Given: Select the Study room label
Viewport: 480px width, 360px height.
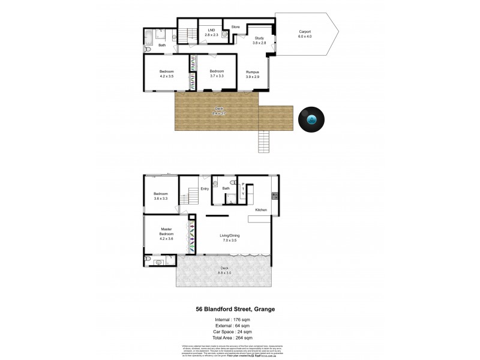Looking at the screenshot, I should pos(259,40).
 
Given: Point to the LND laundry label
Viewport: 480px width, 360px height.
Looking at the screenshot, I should pos(211,32).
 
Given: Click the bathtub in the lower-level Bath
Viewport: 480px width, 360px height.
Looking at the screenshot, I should pos(149,41).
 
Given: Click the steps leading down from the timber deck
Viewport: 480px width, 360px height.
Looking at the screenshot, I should pos(265,142).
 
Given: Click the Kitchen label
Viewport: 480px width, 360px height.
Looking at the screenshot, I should pos(261,210).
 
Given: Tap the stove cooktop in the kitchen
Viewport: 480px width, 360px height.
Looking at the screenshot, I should pos(275,195).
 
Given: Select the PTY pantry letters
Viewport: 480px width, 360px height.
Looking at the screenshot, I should pos(243,190).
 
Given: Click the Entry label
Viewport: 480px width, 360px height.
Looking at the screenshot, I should pos(205,189).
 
